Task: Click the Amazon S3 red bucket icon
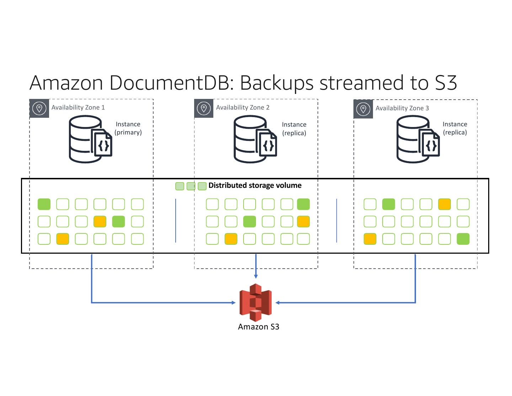coord(256,302)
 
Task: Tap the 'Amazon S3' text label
coord(258,327)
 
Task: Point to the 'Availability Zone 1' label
coord(78,107)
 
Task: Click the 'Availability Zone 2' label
coord(243,107)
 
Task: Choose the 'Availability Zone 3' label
coord(402,108)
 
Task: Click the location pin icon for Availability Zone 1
coord(39,109)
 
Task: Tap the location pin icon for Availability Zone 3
coord(363,109)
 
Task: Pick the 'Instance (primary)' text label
coord(128,128)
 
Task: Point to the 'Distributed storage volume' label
coord(255,185)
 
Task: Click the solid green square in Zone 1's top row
coord(44,204)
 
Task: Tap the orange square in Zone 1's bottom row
coord(63,238)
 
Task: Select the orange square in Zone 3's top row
coord(444,204)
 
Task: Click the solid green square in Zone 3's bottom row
coord(463,238)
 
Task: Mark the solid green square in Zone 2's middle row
coord(250,221)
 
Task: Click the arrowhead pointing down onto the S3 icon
coord(256,276)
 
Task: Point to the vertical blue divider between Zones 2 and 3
coord(337,221)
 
